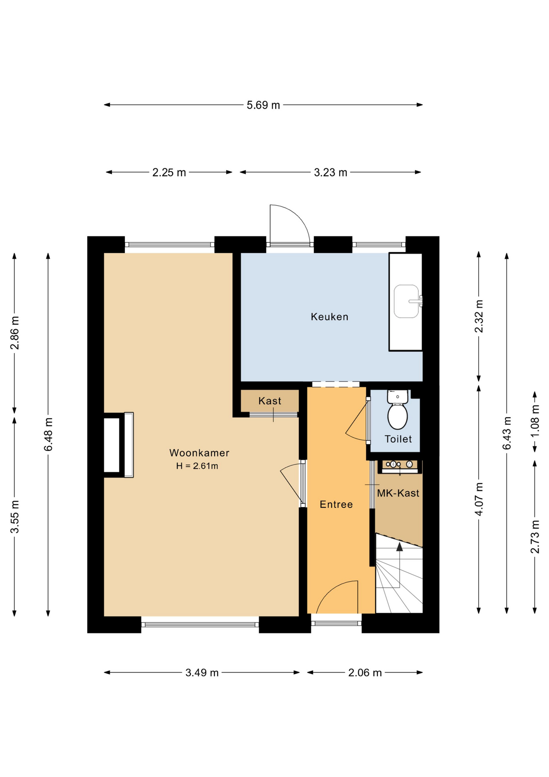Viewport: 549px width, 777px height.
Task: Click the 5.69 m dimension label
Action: tap(263, 105)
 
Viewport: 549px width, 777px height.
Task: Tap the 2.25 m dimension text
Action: tap(169, 173)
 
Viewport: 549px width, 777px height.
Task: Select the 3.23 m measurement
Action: tap(330, 173)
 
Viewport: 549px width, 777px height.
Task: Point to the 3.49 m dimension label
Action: tap(202, 673)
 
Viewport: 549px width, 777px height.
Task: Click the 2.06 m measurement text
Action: tap(365, 673)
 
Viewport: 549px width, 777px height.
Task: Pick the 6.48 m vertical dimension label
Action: tap(49, 434)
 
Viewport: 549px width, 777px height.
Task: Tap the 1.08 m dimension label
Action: tap(535, 421)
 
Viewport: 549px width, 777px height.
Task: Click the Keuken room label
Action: tap(329, 316)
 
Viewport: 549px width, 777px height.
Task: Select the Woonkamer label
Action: tap(199, 453)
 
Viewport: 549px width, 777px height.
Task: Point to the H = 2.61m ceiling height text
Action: tap(197, 466)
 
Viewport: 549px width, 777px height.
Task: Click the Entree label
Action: tap(336, 504)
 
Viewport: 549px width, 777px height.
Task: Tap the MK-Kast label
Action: tap(398, 493)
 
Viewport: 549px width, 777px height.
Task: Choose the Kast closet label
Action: tap(270, 401)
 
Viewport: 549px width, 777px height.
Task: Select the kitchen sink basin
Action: tap(406, 301)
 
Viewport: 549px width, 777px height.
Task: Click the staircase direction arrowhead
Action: tap(399, 547)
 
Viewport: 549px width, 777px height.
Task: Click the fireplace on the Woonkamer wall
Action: tap(118, 445)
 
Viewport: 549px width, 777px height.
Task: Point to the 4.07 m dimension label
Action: tap(479, 499)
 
